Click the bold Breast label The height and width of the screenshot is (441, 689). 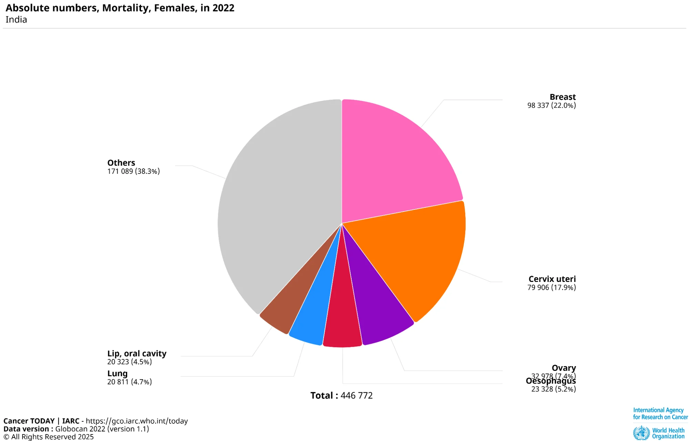pyautogui.click(x=562, y=97)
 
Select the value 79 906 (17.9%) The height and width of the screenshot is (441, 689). pyautogui.click(x=551, y=287)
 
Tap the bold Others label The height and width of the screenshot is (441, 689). pyautogui.click(x=121, y=163)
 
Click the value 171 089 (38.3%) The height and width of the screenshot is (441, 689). pyautogui.click(x=133, y=171)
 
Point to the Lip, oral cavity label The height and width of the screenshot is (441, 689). pyautogui.click(x=136, y=353)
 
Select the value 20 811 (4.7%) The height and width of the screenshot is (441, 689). pyautogui.click(x=129, y=382)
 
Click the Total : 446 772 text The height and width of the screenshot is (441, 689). pyautogui.click(x=341, y=395)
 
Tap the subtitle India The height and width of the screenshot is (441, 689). pyautogui.click(x=16, y=20)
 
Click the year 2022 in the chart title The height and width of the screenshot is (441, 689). pyautogui.click(x=223, y=8)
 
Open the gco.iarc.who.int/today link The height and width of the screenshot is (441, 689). pyautogui.click(x=136, y=421)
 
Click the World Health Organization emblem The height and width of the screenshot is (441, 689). pyautogui.click(x=641, y=433)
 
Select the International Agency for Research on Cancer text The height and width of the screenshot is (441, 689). pyautogui.click(x=660, y=413)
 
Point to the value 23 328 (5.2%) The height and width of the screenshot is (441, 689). pyautogui.click(x=553, y=389)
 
